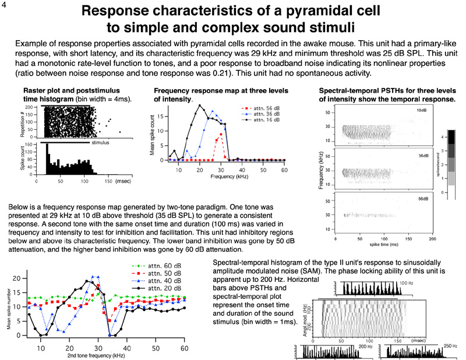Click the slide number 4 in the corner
(x=5, y=6)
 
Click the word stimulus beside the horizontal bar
(x=100, y=142)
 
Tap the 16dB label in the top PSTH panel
(x=421, y=111)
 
